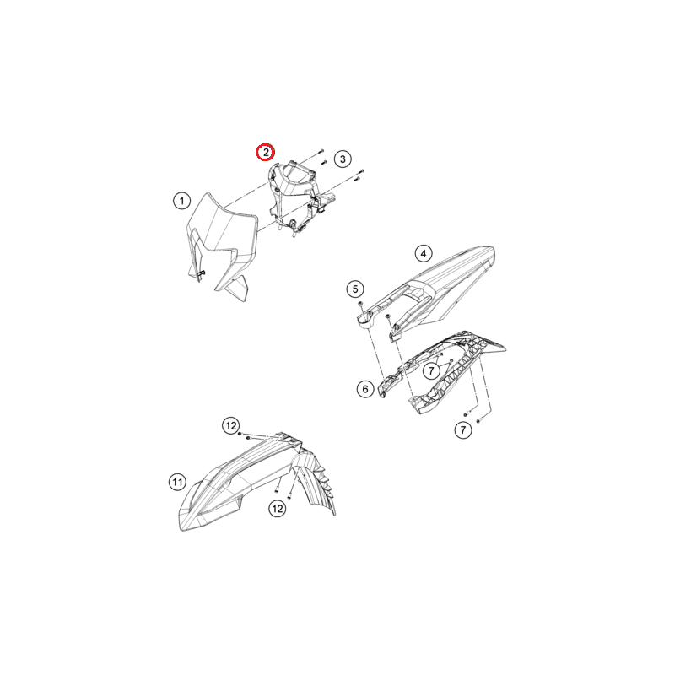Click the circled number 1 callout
[x=181, y=201]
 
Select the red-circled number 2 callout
[x=266, y=153]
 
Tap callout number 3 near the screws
[x=343, y=159]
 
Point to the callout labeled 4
[x=424, y=254]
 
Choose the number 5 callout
[x=355, y=289]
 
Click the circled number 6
[x=365, y=389]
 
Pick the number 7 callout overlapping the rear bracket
[x=431, y=370]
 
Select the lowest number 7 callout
[x=463, y=429]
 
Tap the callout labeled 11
[x=177, y=482]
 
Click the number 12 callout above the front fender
[x=231, y=426]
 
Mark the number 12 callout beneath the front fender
[x=278, y=509]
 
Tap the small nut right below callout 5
[x=360, y=304]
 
